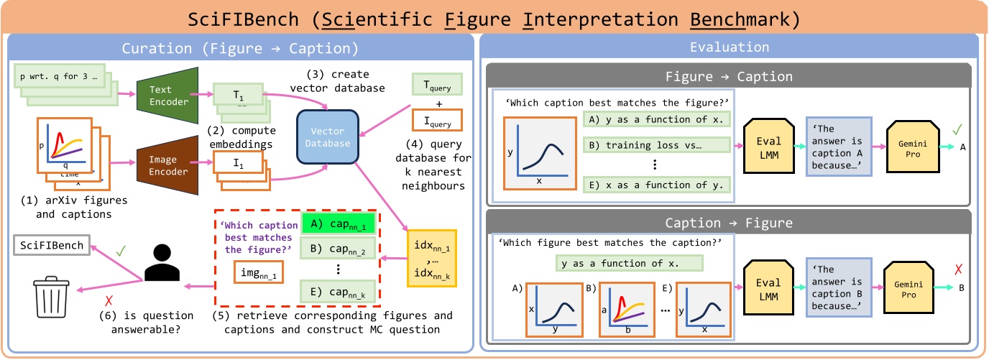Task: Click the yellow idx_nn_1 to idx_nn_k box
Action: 433,257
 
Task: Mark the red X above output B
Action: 958,271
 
